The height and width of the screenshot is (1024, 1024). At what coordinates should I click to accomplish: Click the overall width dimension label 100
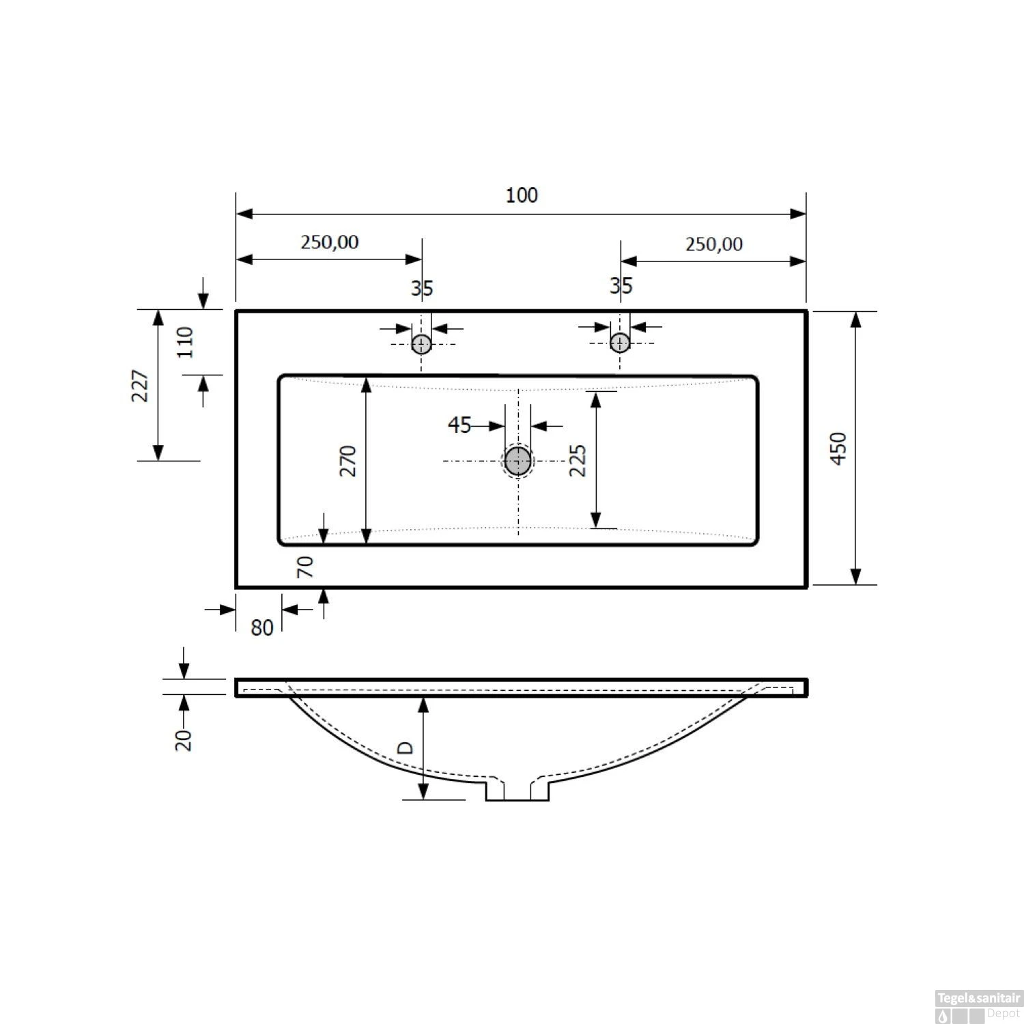[522, 195]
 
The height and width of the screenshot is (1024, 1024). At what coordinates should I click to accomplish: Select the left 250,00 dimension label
[329, 242]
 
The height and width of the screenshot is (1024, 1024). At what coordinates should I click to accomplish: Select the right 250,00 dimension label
[714, 244]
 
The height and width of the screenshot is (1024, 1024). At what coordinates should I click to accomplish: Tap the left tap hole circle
[421, 343]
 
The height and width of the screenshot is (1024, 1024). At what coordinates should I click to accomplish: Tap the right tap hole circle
[620, 341]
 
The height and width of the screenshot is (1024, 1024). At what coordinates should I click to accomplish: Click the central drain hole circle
[518, 461]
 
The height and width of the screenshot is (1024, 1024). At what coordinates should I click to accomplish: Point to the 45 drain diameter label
[459, 425]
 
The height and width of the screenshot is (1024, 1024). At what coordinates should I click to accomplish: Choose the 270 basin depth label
[348, 461]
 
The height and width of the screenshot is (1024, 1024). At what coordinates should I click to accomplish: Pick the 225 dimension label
[578, 461]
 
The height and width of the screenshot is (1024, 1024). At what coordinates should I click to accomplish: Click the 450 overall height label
[839, 449]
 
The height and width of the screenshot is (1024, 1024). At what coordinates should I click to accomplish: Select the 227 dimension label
[140, 386]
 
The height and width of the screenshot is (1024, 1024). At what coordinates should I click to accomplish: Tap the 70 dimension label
[305, 567]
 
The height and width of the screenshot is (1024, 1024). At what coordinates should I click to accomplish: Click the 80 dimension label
[261, 627]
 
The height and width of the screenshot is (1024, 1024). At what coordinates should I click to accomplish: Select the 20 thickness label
[184, 739]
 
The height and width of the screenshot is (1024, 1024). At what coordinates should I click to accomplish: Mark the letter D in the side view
[406, 748]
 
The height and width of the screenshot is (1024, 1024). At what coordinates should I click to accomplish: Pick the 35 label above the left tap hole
[422, 288]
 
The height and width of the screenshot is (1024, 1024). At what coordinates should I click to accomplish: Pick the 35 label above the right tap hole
[621, 285]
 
